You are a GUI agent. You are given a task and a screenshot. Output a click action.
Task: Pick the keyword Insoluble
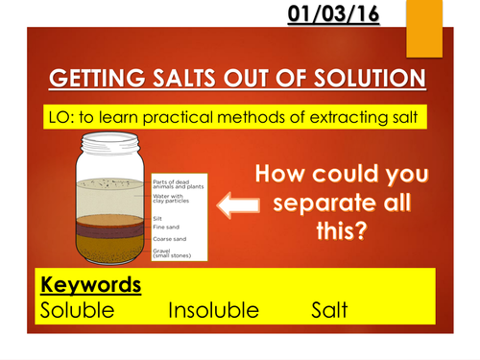tap(213, 310)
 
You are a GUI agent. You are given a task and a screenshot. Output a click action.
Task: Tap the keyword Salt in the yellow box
tap(328, 310)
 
